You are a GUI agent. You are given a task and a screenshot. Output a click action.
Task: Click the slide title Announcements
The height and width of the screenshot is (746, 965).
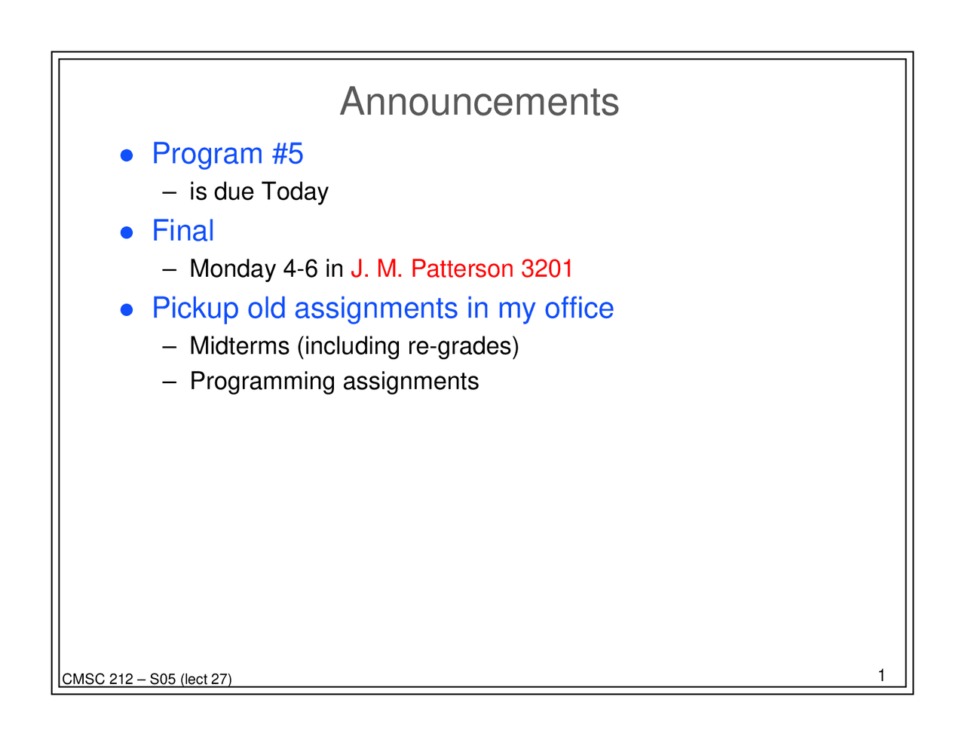coord(479,102)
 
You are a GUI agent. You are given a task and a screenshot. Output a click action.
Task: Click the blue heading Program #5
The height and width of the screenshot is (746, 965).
coord(227,154)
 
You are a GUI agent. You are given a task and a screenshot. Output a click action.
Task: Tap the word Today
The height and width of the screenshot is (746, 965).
coord(294,192)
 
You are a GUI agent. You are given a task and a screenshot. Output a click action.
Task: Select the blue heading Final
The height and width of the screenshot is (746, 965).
coord(182,231)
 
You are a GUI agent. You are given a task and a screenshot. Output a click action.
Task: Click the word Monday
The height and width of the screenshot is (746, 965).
coord(232,269)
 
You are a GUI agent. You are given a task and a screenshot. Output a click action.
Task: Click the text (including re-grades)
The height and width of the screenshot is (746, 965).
coord(408,346)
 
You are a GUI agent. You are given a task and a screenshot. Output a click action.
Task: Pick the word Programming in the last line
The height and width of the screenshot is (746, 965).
coord(262,382)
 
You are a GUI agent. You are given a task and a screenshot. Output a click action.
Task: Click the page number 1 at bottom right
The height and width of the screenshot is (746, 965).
coord(881,675)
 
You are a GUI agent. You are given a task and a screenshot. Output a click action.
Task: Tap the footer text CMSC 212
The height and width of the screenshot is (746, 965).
coord(97,680)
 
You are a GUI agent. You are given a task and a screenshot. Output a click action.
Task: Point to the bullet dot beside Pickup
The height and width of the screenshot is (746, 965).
coord(127,310)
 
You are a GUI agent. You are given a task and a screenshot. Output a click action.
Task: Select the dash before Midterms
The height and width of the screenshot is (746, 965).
coord(169,347)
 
